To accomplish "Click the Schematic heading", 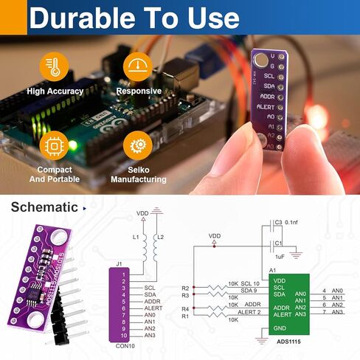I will coord(44,207).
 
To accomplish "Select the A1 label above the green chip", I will coord(273,271).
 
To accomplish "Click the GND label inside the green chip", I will coord(280,328).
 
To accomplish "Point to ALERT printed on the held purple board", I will coord(265,106).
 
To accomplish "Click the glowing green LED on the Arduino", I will coord(73,145).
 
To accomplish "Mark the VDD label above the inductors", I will coord(142,213).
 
